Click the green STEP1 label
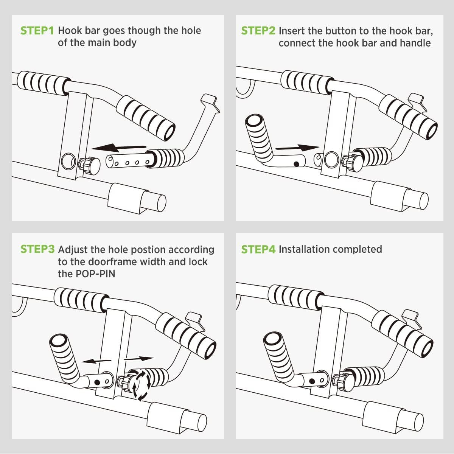click(37, 31)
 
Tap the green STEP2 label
click(258, 31)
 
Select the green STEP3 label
click(37, 249)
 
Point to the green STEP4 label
click(258, 249)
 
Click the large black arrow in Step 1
click(119, 148)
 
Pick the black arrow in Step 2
click(298, 148)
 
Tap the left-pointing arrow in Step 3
click(96, 361)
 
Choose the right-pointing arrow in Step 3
click(139, 359)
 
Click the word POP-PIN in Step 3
click(95, 274)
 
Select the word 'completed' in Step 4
click(357, 249)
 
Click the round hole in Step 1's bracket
click(68, 161)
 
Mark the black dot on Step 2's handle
click(297, 163)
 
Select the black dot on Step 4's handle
click(312, 381)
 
